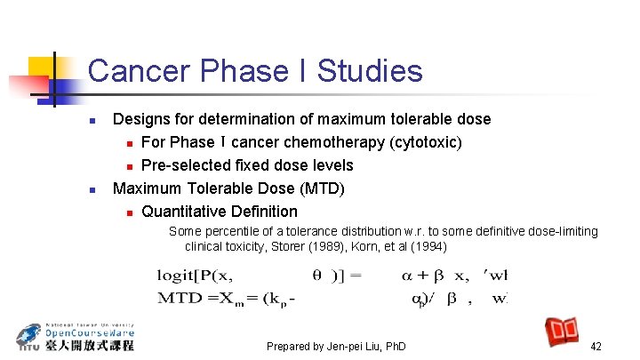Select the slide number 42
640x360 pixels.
tap(596, 346)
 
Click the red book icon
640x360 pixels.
tap(563, 332)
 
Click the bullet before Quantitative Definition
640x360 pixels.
tap(129, 212)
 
